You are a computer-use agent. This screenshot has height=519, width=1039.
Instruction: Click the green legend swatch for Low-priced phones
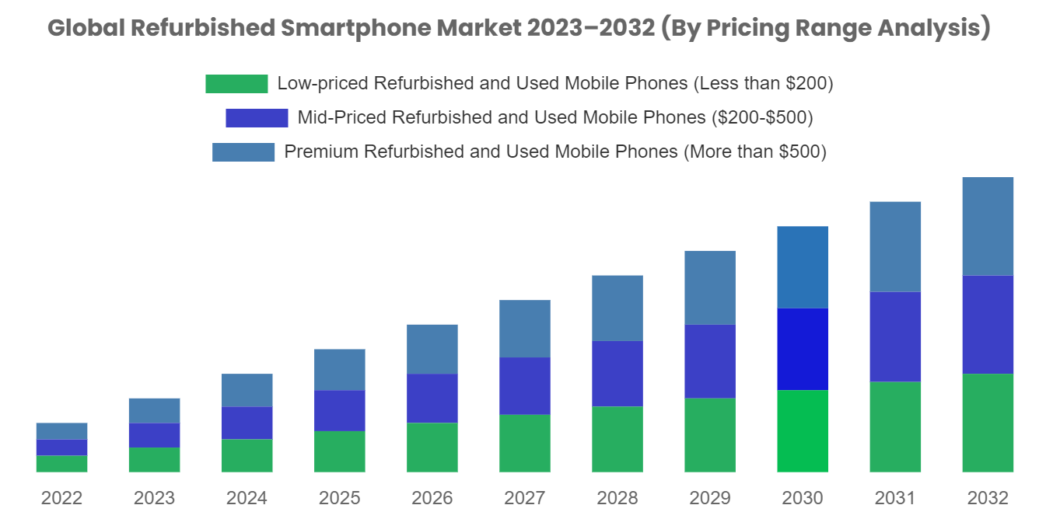236,84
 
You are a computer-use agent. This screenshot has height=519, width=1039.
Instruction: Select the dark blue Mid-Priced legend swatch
257,118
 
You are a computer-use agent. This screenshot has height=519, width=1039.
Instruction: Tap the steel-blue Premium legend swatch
243,152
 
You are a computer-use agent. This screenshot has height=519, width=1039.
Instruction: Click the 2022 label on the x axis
61,498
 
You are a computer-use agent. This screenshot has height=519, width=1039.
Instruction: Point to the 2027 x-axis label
524,498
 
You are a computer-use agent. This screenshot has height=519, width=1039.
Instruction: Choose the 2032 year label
988,498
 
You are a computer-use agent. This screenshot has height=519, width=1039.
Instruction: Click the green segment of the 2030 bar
803,431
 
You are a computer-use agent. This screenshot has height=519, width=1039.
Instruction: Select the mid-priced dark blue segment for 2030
803,349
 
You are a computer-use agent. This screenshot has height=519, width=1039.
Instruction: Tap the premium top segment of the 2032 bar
988,226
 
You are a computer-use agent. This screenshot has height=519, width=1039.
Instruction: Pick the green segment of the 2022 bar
61,464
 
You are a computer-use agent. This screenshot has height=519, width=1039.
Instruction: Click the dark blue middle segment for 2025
340,410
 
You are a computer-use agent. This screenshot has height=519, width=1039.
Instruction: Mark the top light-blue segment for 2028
617,308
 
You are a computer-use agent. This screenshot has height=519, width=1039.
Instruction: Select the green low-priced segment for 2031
895,427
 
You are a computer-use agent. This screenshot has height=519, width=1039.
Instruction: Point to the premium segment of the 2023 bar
154,410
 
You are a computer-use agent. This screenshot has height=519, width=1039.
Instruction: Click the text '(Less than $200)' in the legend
766,84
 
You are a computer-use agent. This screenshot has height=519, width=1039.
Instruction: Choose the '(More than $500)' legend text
754,152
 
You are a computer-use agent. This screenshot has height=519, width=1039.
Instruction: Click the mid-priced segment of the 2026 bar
432,398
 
